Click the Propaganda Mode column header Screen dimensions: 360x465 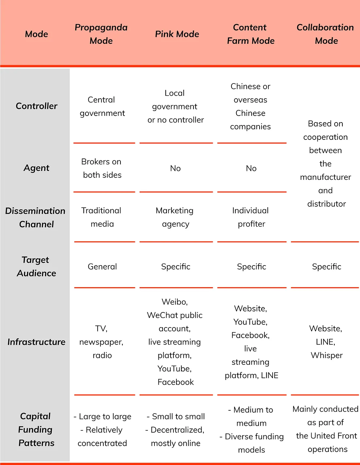pos(101,34)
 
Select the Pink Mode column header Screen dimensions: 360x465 pos(177,34)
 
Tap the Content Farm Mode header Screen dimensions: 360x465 pos(251,34)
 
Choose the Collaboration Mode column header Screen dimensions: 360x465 pos(325,34)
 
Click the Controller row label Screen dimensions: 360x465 pos(37,106)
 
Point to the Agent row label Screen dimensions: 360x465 pos(37,168)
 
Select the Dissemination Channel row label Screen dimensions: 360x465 pos(35,217)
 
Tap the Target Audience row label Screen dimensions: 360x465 pos(36,267)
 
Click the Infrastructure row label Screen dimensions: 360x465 pos(36,342)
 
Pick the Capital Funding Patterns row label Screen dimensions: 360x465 pos(36,430)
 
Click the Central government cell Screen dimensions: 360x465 pos(102,106)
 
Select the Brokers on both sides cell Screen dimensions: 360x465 pos(102,168)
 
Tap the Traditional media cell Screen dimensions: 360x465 pos(101,217)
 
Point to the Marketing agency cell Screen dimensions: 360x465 pos(175,217)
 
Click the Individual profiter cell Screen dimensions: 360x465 pos(251,217)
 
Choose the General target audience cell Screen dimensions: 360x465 pos(102,267)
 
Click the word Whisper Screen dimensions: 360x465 pos(327,355)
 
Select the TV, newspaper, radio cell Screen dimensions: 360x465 pos(101,342)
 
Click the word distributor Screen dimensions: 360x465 pos(327,204)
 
